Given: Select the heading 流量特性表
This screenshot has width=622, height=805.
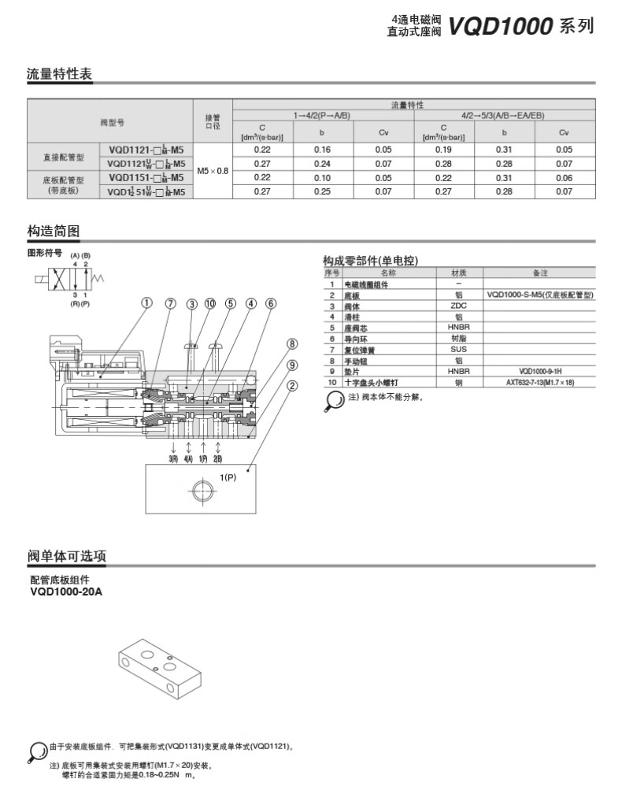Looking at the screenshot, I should point(60,75).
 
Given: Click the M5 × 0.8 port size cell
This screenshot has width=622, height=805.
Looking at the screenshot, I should point(213,170).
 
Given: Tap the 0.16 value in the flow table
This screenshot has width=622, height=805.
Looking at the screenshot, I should point(322,149).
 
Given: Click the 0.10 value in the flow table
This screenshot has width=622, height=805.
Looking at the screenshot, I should point(322,178).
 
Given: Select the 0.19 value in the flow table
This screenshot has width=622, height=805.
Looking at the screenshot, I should point(443,149).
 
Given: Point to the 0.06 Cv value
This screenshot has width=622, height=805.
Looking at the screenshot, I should point(565,178).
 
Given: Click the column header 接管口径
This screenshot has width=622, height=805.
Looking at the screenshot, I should point(213,121).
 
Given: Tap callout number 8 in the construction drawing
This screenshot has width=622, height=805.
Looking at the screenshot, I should point(291,344).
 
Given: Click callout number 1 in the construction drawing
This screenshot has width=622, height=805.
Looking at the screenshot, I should point(146,303).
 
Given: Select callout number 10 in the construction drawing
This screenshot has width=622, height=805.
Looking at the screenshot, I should point(210,303).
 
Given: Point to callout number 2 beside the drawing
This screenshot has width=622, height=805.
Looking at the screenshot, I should point(291,385).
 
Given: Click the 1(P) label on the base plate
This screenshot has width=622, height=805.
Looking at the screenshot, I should point(228,477).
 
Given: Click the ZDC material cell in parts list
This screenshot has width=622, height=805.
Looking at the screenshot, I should point(459,306).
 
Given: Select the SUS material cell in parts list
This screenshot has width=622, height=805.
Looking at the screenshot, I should point(459,349).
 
